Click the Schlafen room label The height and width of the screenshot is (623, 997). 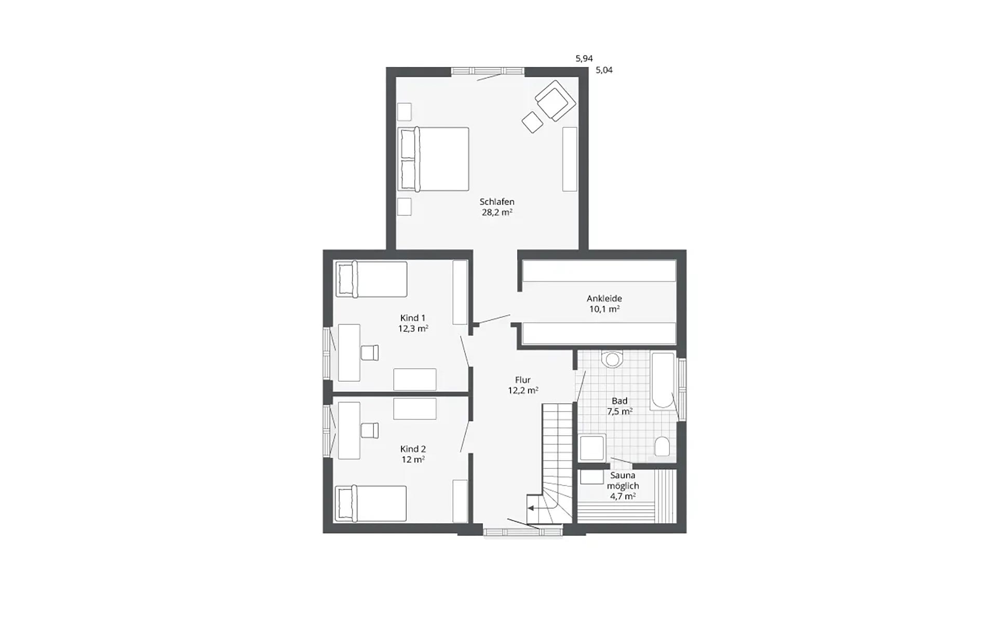tap(497, 202)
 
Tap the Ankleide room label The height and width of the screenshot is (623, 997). tap(604, 299)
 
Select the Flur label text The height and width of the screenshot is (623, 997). tap(522, 380)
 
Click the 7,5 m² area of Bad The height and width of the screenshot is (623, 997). tap(619, 411)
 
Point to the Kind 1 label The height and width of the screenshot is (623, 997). tap(413, 318)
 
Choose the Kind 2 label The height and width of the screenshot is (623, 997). tap(413, 449)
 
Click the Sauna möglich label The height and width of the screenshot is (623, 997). tap(623, 480)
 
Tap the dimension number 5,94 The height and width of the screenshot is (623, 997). tap(584, 59)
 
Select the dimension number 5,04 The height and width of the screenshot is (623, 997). tap(604, 70)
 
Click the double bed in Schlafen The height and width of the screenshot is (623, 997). tap(433, 159)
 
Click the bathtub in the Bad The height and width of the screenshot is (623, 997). tap(663, 380)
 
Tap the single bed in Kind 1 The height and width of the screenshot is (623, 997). tap(371, 279)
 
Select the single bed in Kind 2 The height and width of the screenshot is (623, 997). tap(371, 504)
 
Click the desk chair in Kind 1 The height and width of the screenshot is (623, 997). tap(370, 353)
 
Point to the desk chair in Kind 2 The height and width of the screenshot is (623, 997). tap(370, 430)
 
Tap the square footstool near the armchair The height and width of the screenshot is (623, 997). tap(532, 123)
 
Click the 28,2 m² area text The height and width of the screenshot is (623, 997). tap(497, 212)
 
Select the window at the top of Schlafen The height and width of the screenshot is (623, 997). tap(487, 71)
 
